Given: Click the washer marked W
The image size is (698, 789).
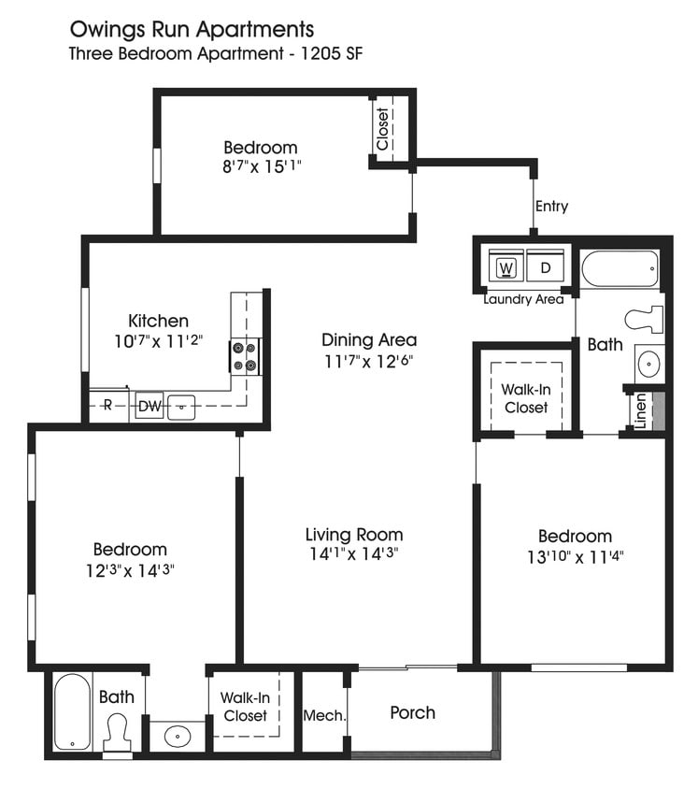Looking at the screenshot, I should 507,268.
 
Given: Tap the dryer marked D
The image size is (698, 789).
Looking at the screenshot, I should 546,268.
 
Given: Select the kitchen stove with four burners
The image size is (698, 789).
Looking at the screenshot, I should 245,356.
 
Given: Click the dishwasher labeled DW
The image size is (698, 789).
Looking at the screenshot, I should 150,407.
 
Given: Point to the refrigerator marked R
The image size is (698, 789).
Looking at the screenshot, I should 107,407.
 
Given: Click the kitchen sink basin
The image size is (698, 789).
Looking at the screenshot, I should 181,408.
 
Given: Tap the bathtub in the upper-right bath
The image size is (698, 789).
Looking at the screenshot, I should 620,271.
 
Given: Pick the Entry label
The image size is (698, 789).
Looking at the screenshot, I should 551,207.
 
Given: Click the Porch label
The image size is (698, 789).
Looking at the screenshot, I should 412,712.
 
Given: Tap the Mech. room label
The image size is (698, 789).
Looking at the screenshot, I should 325,716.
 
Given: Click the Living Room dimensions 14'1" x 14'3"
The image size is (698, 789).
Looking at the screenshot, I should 354,555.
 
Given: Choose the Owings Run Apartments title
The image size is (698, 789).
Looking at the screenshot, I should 192,30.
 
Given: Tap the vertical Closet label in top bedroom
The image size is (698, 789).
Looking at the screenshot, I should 382,129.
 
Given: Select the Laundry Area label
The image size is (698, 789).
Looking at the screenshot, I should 523,300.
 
